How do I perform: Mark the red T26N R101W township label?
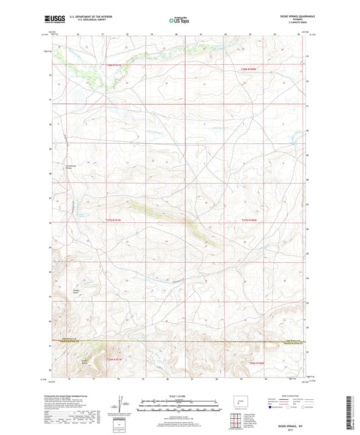point(117,359)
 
